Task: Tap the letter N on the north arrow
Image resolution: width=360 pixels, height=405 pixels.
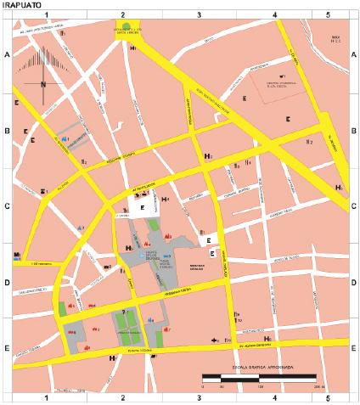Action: pos(42,84)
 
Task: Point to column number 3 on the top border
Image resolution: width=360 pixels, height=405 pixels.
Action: pos(198,15)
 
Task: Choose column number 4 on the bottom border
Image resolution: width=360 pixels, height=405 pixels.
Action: pos(274,397)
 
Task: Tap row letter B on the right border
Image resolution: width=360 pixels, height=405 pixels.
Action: pos(354,132)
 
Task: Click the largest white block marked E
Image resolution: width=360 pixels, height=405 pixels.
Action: pos(143,206)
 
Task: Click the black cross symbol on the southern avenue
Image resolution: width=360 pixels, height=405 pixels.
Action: pos(215,340)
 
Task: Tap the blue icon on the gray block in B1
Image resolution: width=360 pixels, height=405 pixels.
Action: pos(65,138)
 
